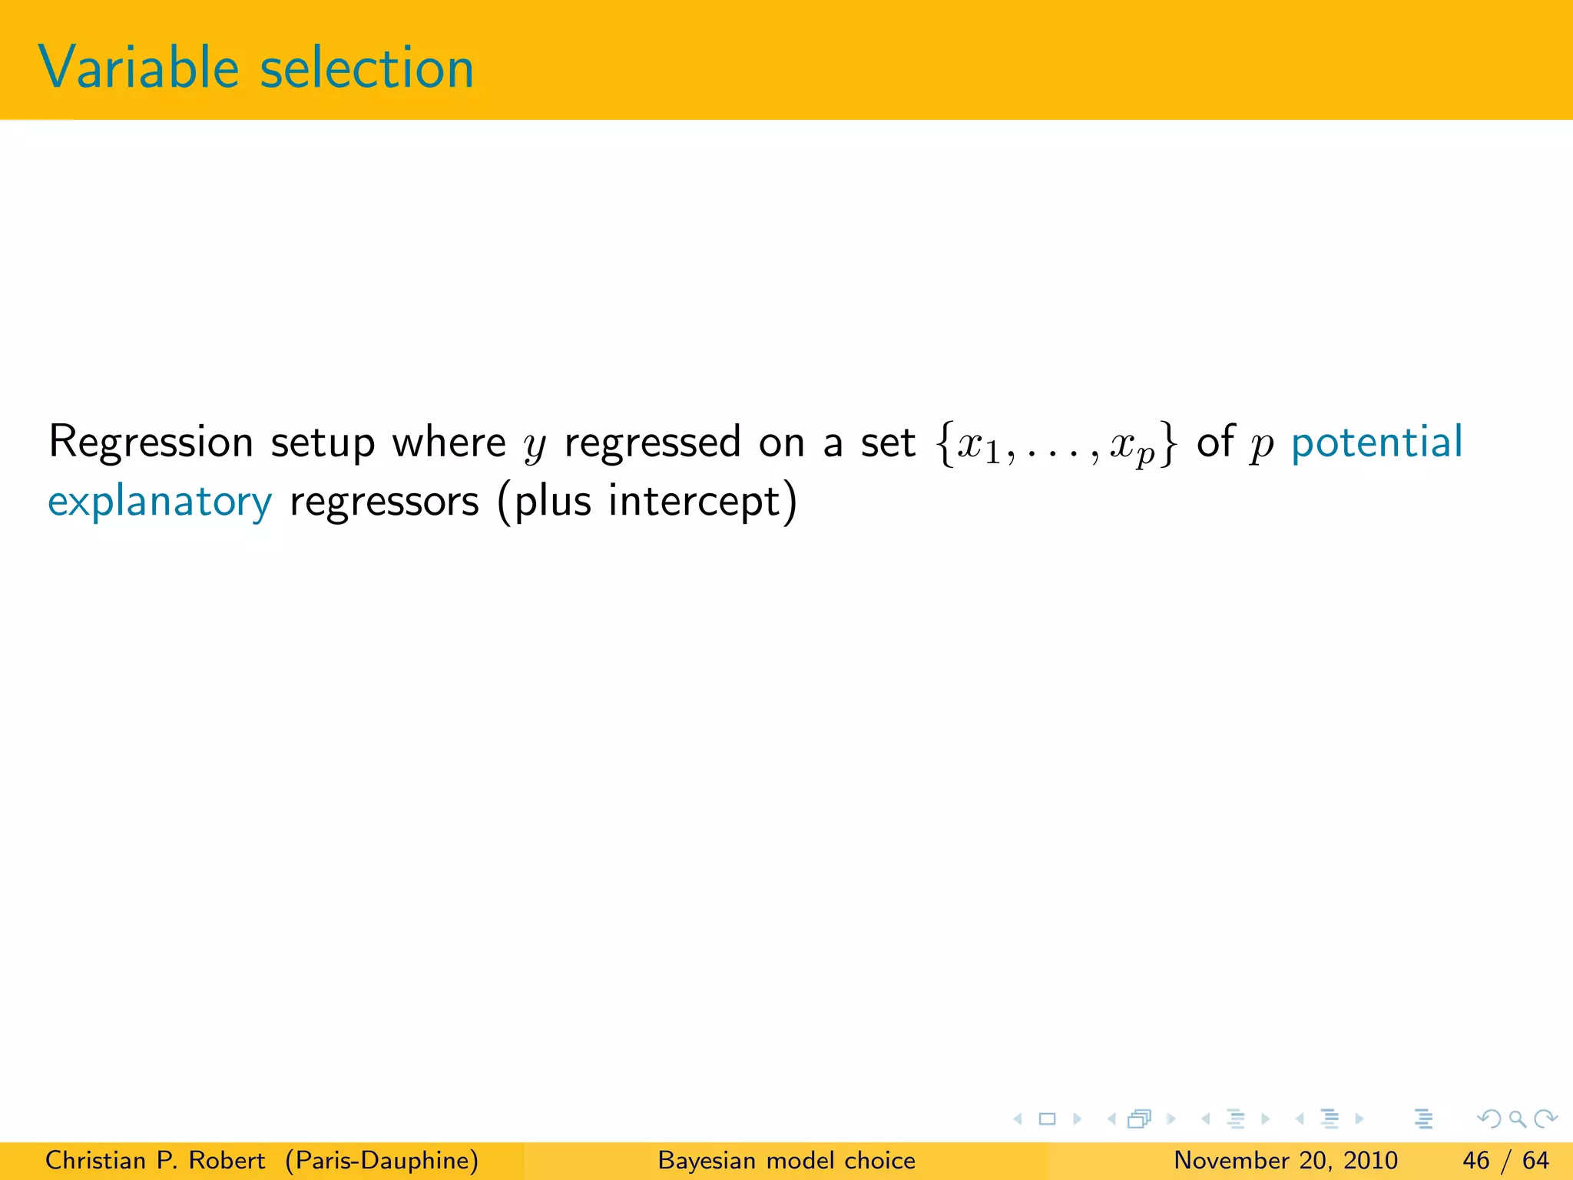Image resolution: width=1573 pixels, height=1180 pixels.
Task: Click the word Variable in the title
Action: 138,68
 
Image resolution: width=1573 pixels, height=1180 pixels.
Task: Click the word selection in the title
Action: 367,68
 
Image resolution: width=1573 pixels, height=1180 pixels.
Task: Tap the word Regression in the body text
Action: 151,442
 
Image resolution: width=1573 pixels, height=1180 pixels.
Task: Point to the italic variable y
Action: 535,446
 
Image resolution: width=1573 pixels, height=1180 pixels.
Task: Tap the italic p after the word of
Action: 1261,446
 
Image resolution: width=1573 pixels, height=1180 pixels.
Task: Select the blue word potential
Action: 1376,442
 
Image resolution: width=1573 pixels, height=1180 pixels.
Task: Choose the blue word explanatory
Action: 160,502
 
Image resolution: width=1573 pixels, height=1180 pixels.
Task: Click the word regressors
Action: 384,502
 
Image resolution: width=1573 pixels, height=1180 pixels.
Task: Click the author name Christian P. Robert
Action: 155,1160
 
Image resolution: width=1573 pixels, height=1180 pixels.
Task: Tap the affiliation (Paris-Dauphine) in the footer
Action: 382,1160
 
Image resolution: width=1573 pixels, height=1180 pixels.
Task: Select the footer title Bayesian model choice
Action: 786,1160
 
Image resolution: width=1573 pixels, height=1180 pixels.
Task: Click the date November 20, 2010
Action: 1285,1160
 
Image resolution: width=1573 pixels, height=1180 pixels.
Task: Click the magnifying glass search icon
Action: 1517,1119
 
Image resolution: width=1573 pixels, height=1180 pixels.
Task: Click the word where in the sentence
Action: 449,442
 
